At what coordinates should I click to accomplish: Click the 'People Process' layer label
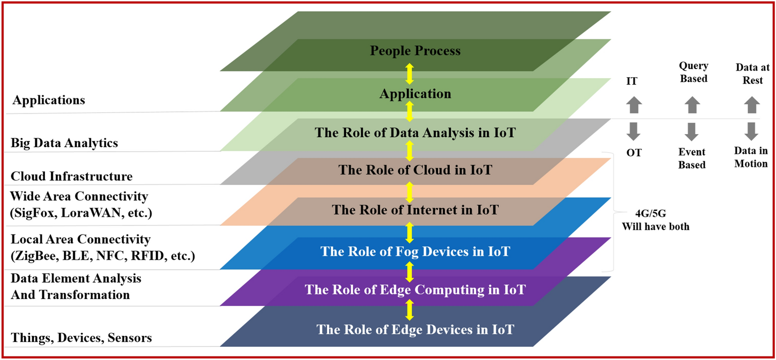pos(415,51)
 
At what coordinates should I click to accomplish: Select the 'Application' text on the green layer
pos(415,94)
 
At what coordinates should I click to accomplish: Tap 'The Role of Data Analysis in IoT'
pos(415,133)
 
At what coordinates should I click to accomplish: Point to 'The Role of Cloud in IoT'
pos(415,170)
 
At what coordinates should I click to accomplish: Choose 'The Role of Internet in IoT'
pos(415,210)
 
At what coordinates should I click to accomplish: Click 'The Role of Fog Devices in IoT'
pos(415,251)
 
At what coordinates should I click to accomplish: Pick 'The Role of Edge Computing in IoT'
pos(415,290)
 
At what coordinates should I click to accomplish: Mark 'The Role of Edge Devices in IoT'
pos(415,330)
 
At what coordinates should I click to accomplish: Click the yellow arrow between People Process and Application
pos(410,73)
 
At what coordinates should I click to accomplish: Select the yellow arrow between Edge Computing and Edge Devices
pos(410,310)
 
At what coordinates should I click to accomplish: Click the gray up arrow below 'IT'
pos(634,105)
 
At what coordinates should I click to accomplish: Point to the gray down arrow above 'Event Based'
pos(692,131)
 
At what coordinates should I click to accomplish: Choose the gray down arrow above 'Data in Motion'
pos(751,131)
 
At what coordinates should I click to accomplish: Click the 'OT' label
pos(634,152)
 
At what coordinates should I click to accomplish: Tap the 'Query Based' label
pos(693,72)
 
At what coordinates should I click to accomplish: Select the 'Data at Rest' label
pos(749,74)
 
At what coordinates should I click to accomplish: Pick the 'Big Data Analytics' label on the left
pos(64,143)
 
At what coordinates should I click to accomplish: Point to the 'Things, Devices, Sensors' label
pos(81,338)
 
